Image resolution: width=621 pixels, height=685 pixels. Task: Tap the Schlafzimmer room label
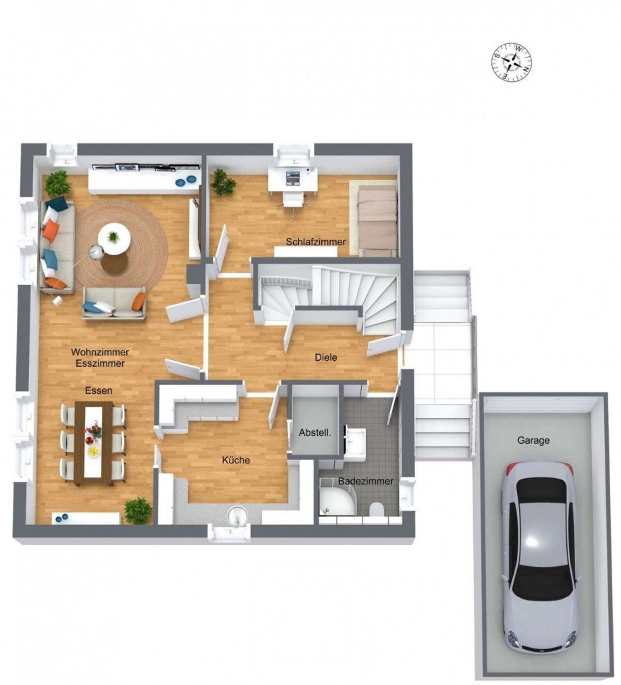click(315, 242)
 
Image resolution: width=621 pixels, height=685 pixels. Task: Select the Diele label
click(326, 357)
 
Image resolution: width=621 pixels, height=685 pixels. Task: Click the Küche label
click(236, 460)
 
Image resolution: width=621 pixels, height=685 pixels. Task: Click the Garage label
click(533, 440)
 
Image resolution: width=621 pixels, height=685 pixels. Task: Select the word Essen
click(98, 390)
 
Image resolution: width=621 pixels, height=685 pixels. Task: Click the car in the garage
click(539, 554)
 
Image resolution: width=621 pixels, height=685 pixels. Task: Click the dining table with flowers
click(94, 442)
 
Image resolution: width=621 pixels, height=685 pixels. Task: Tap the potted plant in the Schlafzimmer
click(221, 182)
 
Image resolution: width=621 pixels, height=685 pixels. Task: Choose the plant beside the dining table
click(138, 510)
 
